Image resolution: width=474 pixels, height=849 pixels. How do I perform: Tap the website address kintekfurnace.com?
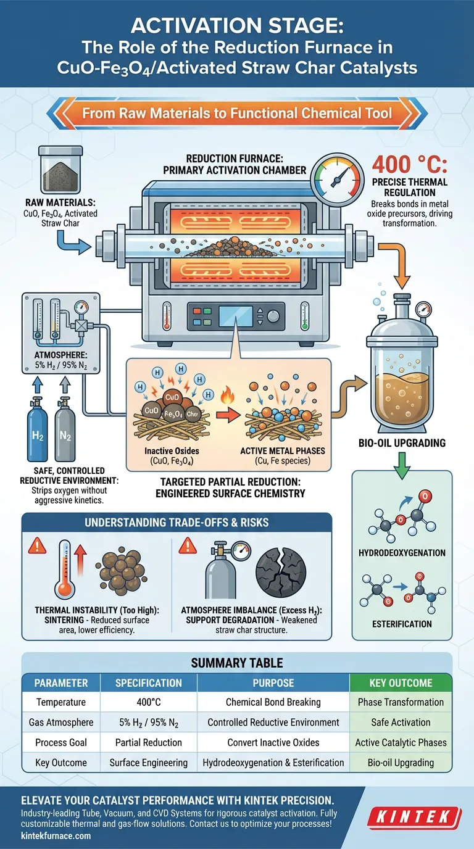point(52,836)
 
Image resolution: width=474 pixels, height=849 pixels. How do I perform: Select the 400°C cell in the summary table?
point(148,702)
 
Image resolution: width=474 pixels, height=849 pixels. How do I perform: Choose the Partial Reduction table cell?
point(148,742)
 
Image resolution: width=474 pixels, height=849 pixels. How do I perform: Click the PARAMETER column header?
point(60,682)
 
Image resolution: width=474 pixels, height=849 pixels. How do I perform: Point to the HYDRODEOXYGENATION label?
point(401,553)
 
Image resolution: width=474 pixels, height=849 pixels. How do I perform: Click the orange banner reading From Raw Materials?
point(237,114)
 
